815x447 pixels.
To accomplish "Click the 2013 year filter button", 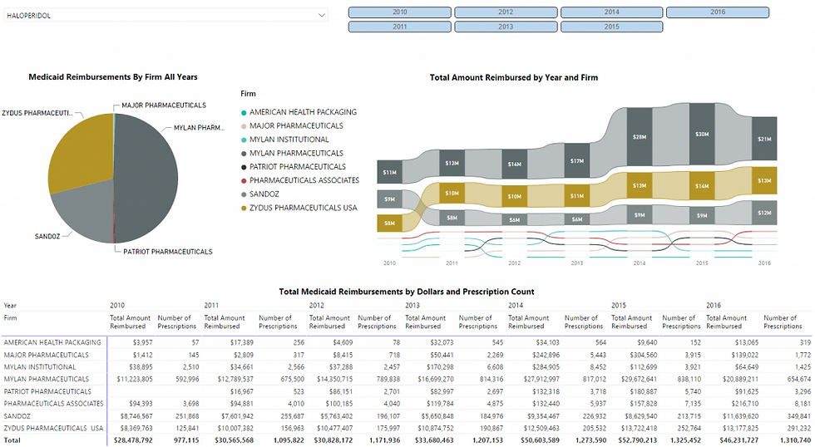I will (x=506, y=27).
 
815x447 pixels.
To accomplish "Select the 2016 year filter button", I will (x=718, y=12).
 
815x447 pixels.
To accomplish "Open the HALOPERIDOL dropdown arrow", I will (x=321, y=15).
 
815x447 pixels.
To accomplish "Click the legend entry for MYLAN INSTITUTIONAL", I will (x=289, y=140).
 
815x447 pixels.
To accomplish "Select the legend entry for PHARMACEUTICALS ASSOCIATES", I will (x=304, y=180).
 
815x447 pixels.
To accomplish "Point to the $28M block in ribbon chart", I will (x=639, y=136).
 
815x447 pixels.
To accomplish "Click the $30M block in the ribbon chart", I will (x=702, y=135).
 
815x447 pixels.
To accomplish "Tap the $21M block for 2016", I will (x=763, y=139).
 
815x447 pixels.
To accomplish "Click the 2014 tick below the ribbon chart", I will (x=639, y=263).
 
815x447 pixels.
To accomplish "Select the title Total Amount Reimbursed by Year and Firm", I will (x=513, y=77).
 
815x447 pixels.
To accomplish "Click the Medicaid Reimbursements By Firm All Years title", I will (x=113, y=77).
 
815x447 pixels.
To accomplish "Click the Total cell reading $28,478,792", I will (x=130, y=440).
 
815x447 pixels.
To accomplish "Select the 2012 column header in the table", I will (x=316, y=306).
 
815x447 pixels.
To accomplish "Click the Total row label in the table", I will (x=11, y=440).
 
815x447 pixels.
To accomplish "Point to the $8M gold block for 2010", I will (x=388, y=223).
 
